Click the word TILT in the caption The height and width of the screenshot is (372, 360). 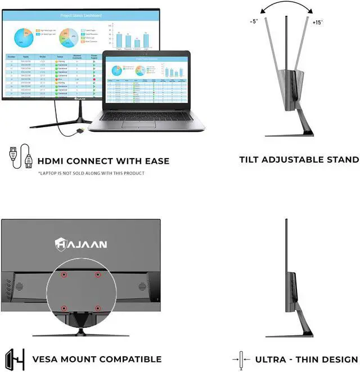251,160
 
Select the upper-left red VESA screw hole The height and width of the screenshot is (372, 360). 64,275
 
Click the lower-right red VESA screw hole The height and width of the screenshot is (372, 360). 97,308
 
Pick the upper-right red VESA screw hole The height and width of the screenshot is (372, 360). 97,275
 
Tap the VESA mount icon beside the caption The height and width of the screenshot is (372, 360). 15,358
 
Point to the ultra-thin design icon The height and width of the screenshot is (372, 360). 241,359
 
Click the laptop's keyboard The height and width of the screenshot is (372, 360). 148,115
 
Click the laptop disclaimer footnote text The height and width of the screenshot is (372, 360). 91,173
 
